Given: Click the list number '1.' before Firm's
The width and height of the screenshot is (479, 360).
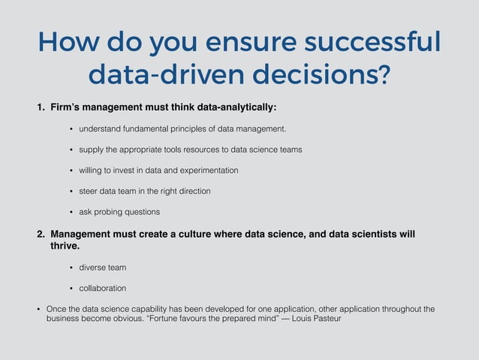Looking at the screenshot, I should point(42,107).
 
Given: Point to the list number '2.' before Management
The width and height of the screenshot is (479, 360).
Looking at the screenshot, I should point(42,234).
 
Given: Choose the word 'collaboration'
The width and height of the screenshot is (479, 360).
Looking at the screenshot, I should point(103,288).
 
